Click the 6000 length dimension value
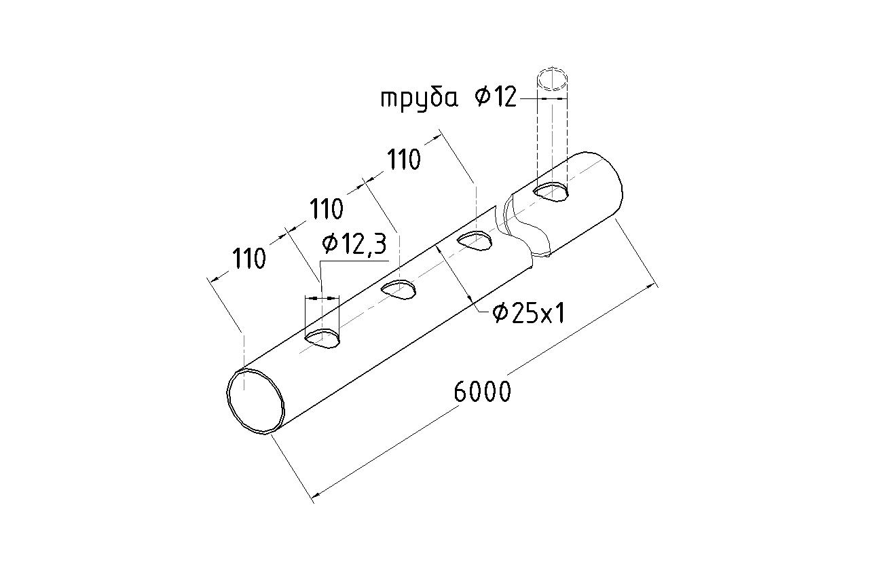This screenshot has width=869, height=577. tap(482, 392)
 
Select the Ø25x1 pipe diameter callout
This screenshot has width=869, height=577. tap(528, 314)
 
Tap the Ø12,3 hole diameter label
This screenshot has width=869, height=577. tap(354, 244)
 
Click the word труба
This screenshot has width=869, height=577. tap(419, 99)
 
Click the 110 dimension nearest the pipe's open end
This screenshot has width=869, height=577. tap(249, 259)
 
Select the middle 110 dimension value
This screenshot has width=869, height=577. tap(327, 209)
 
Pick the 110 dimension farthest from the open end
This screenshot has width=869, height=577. tap(404, 160)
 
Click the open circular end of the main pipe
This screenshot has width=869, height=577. tap(257, 401)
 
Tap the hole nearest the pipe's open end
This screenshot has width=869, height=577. tap(322, 339)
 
